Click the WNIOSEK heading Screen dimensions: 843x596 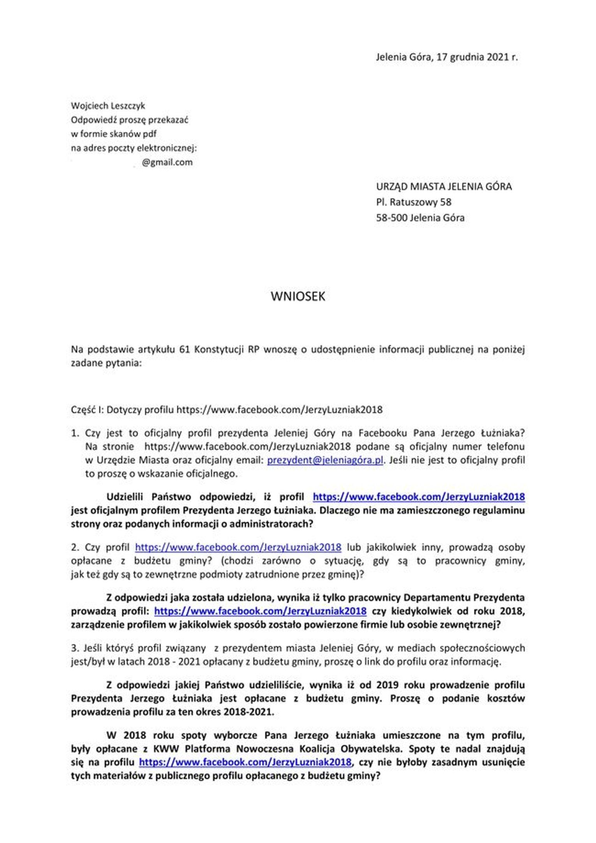click(x=298, y=297)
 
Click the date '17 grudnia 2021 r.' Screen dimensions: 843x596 click(x=477, y=57)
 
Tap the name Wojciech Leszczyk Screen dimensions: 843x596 click(x=108, y=106)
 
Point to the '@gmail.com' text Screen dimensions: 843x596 click(x=167, y=163)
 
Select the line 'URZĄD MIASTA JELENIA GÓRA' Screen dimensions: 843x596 click(x=444, y=187)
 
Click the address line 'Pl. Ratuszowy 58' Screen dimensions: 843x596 click(x=413, y=202)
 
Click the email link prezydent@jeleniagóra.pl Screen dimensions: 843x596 click(x=325, y=460)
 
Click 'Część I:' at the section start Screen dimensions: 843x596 click(x=87, y=410)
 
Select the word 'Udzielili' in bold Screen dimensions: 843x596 click(x=125, y=497)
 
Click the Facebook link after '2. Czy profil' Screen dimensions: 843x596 click(x=238, y=548)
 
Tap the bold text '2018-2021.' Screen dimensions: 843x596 click(x=249, y=712)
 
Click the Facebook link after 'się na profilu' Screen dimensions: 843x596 click(x=245, y=762)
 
